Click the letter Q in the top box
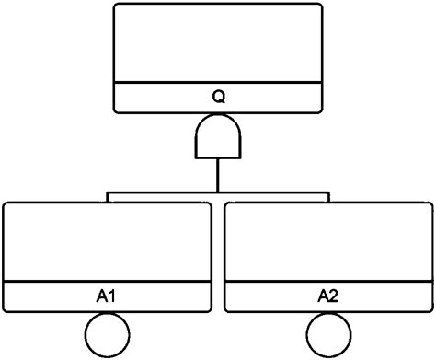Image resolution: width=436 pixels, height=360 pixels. coord(218,96)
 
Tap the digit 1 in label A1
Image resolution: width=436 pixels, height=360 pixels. coord(112,296)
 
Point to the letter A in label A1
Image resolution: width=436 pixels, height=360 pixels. coord(102,296)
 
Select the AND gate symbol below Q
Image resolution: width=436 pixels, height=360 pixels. coord(218,139)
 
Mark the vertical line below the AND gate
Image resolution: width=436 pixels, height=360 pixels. coord(218,175)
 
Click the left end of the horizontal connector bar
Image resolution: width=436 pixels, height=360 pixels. coord(109,195)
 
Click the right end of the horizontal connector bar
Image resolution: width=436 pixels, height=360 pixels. coord(327,195)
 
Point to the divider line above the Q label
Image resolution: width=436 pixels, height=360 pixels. coord(218,83)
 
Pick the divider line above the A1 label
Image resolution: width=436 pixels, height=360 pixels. coord(107,282)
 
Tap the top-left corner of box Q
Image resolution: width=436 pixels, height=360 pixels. coord(116,6)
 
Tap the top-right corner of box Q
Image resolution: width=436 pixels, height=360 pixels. coord(320,6)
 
